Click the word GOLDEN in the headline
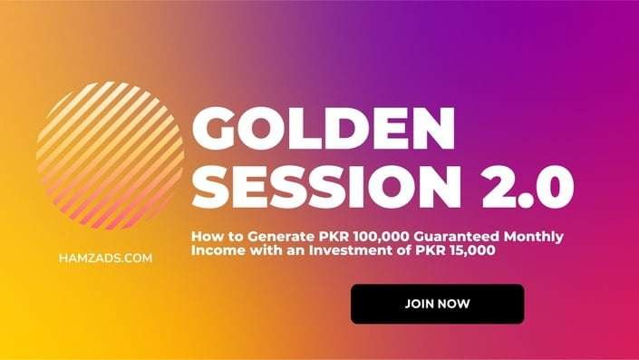(x=324, y=129)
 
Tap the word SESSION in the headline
(x=326, y=187)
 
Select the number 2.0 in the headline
(x=528, y=187)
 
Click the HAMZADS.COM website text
(x=105, y=258)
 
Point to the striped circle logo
(x=110, y=155)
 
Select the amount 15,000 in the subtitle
(x=472, y=250)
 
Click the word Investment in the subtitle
(x=349, y=250)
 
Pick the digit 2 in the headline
(x=499, y=187)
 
